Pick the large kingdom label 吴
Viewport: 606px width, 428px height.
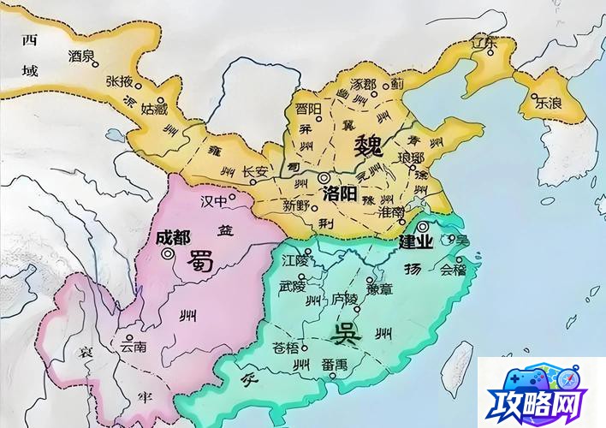pos(348,331)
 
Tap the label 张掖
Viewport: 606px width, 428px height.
pos(119,80)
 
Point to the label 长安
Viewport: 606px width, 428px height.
pos(255,171)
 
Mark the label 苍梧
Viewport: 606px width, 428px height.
pos(287,348)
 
